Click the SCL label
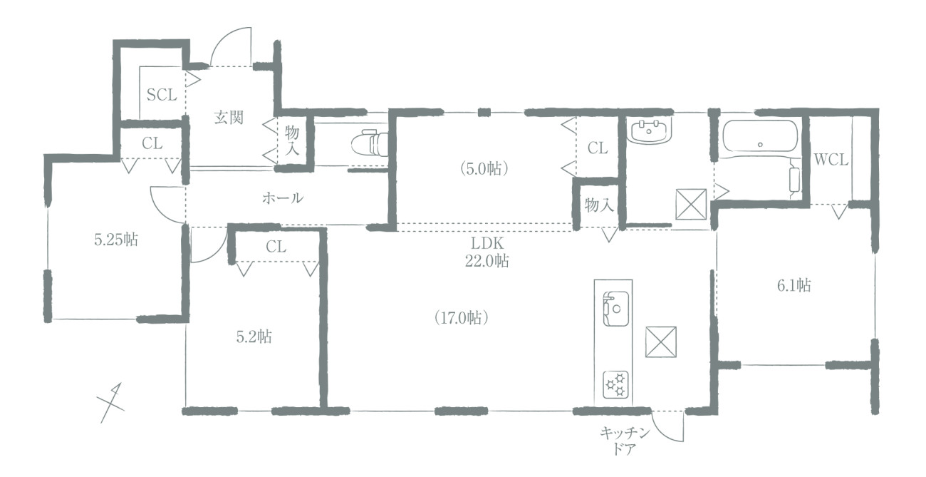pos(162,95)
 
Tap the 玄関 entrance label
pos(229,118)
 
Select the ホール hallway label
pos(283,198)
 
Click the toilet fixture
pos(369,143)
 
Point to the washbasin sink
pos(649,131)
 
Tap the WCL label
pos(831,160)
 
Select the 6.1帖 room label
pos(794,285)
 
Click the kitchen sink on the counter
pos(615,309)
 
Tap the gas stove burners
pos(615,385)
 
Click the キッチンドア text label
pos(624,441)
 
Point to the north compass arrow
pos(111,403)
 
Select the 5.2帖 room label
pos(254,337)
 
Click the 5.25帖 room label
pos(116,240)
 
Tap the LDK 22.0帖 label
pos(487,252)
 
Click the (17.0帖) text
pos(462,318)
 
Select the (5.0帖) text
pos(484,169)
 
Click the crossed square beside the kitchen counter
pos(660,342)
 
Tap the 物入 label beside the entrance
pos(292,140)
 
